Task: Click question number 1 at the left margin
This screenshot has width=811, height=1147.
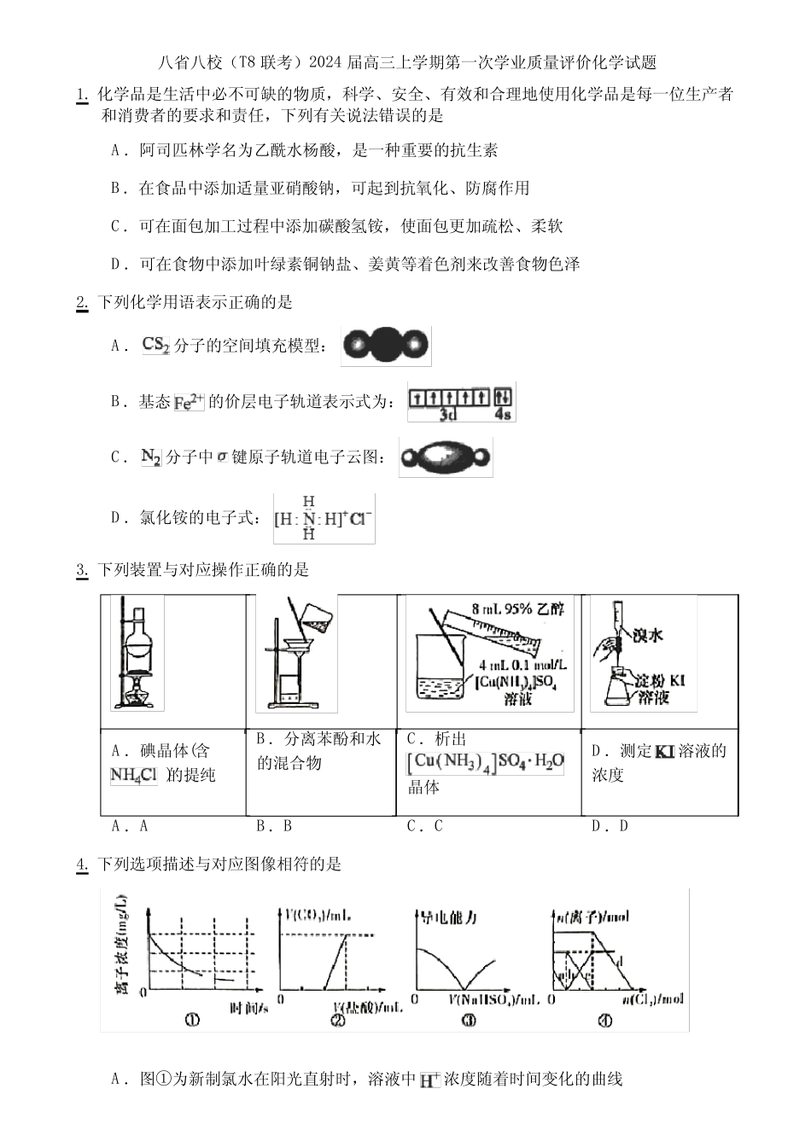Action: pyautogui.click(x=82, y=95)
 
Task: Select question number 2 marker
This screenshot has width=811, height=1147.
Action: pyautogui.click(x=82, y=302)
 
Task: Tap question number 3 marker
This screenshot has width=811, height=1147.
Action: pyautogui.click(x=82, y=570)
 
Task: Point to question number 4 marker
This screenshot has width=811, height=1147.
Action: pyautogui.click(x=82, y=865)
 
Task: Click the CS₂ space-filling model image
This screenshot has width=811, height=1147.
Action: pyautogui.click(x=385, y=346)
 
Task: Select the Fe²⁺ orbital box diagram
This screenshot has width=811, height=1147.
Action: pyautogui.click(x=461, y=402)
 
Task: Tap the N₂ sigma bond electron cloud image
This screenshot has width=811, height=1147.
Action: pyautogui.click(x=445, y=457)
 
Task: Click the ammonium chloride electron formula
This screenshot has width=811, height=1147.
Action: pyautogui.click(x=324, y=518)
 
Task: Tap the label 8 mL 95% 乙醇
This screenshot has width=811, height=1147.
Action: pyautogui.click(x=513, y=609)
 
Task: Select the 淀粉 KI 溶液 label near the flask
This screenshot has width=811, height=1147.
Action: pyautogui.click(x=657, y=689)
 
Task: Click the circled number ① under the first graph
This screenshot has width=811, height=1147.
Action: pyautogui.click(x=192, y=1018)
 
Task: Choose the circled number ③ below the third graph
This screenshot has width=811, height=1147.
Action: pyautogui.click(x=468, y=1019)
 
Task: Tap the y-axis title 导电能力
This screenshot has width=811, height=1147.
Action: pyautogui.click(x=445, y=917)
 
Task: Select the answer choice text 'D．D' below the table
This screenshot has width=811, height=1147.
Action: pyautogui.click(x=610, y=826)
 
